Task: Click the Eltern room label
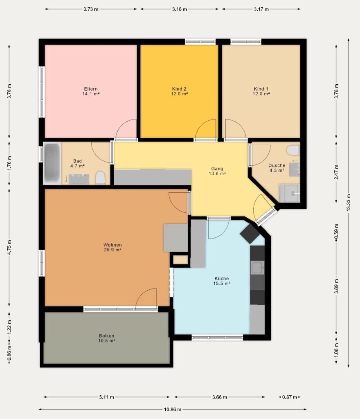(x=91, y=89)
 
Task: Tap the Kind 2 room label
(x=179, y=89)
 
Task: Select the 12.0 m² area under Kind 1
(x=261, y=94)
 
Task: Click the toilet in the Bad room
(x=100, y=178)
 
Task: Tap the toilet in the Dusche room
(x=293, y=150)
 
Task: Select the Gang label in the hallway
(x=217, y=169)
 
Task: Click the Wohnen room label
(x=112, y=245)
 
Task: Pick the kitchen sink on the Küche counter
(x=257, y=268)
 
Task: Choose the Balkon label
(x=106, y=336)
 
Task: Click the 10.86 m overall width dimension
(x=173, y=409)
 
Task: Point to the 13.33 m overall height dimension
(x=348, y=203)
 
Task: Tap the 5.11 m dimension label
(x=106, y=397)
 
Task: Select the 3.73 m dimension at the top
(x=91, y=9)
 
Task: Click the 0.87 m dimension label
(x=290, y=397)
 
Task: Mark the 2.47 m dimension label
(x=336, y=172)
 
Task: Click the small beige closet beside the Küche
(x=180, y=260)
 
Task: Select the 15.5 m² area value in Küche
(x=222, y=284)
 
